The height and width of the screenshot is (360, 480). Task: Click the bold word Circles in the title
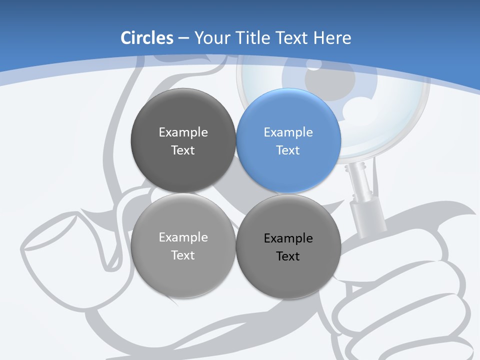click(x=146, y=37)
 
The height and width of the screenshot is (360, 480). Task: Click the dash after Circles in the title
click(x=183, y=38)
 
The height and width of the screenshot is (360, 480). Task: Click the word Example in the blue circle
click(x=288, y=132)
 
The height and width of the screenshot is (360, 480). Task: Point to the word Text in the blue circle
click(x=288, y=150)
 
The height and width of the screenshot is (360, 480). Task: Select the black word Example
click(x=288, y=238)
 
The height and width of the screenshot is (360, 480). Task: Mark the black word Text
click(x=288, y=256)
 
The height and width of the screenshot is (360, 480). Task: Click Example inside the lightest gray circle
click(x=183, y=237)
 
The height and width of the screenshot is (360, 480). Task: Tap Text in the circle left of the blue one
click(x=183, y=150)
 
